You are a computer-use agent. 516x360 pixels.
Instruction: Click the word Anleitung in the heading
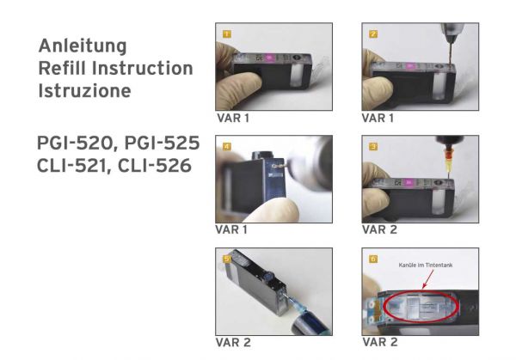(83, 46)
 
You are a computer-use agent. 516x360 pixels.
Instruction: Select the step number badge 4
(226, 147)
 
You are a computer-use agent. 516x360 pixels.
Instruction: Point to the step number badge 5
(226, 258)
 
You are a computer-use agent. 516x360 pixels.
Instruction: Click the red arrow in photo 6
(421, 279)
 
